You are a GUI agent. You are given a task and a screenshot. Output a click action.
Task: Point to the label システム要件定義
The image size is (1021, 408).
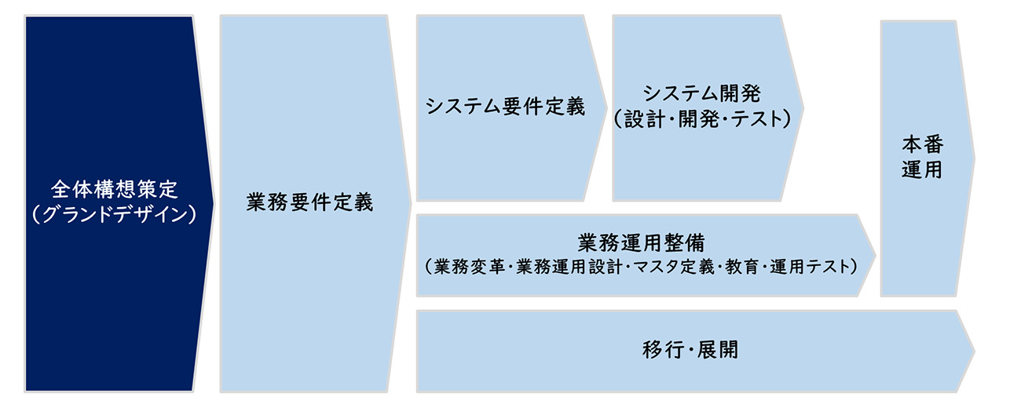point(506,107)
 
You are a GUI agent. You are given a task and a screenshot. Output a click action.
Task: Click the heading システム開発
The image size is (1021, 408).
point(702,93)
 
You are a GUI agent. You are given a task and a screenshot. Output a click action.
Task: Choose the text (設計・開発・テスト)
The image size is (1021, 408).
point(702,118)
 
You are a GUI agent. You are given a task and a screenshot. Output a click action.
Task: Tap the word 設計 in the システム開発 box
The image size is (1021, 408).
point(641,118)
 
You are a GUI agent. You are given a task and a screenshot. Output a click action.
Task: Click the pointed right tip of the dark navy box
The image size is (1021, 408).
point(212,203)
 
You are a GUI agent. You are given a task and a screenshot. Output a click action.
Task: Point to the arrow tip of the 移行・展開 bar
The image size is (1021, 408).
point(974,351)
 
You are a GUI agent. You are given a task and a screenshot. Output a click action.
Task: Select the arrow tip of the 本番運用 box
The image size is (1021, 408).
point(974,158)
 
